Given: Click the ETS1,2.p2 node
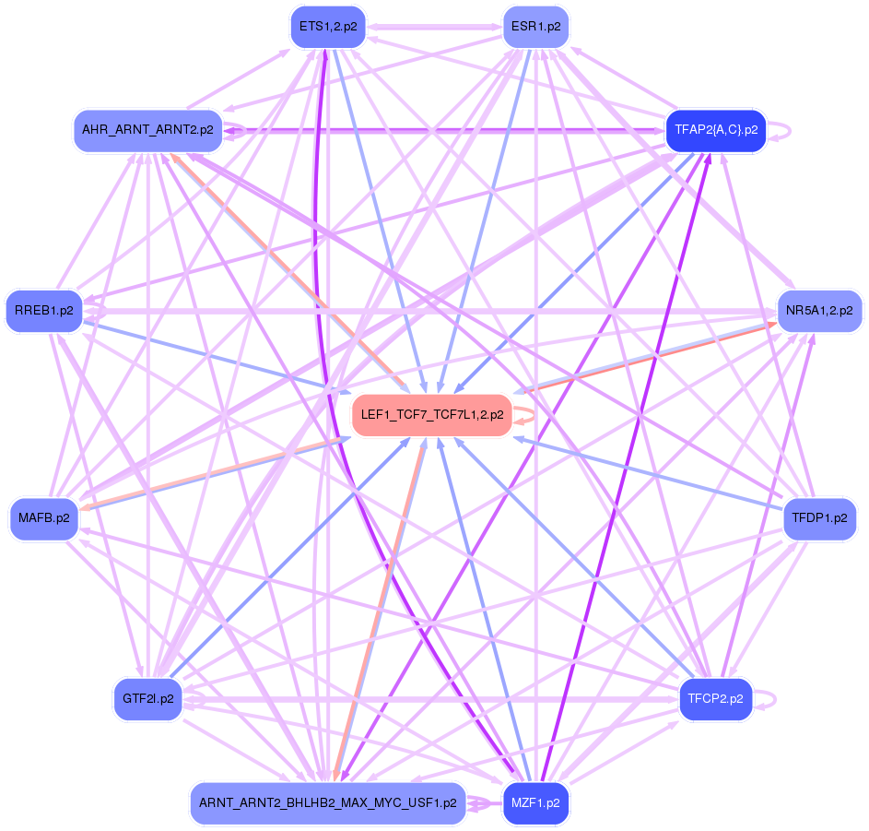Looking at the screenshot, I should tap(327, 27).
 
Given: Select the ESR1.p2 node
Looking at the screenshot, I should tap(535, 27).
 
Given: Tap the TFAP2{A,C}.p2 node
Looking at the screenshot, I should tap(716, 130).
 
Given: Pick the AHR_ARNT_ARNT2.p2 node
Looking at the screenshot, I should tap(147, 130).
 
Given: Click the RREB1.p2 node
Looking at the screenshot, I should tap(43, 311).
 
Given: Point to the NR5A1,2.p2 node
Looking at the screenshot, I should tap(819, 311).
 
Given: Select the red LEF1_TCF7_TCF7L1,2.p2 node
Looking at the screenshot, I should tap(432, 415).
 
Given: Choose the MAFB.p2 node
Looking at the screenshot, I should tap(43, 518).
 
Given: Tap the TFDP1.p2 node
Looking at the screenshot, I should tap(819, 518).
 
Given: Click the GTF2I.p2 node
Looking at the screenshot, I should tap(147, 699).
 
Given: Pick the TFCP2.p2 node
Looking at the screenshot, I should tap(716, 699).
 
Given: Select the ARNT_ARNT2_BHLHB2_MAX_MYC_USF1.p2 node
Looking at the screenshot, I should tap(327, 803).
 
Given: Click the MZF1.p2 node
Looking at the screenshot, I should tap(535, 803).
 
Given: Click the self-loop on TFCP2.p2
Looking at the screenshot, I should tap(772, 699).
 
